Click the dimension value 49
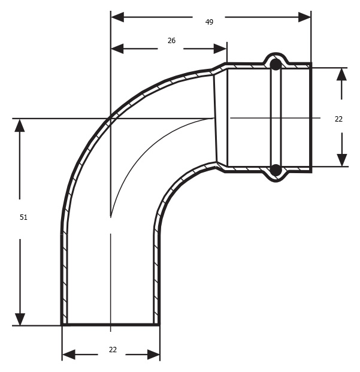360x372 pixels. pyautogui.click(x=209, y=22)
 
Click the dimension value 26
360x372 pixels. pyautogui.click(x=171, y=41)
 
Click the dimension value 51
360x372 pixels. pyautogui.click(x=23, y=217)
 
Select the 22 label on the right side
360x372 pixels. pyautogui.click(x=338, y=119)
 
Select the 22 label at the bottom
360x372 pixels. pyautogui.click(x=113, y=349)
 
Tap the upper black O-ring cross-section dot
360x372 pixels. pyautogui.click(x=276, y=64)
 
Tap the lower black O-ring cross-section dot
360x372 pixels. pyautogui.click(x=276, y=170)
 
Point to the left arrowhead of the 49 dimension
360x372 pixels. pyautogui.click(x=117, y=17)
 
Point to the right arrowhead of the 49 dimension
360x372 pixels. pyautogui.click(x=304, y=17)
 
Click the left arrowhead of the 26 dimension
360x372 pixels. pyautogui.click(x=117, y=49)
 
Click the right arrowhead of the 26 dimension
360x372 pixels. pyautogui.click(x=220, y=49)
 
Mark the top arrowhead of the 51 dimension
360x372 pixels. pyautogui.click(x=20, y=125)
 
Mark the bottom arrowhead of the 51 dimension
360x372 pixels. pyautogui.click(x=20, y=319)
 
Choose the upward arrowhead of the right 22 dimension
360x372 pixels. pyautogui.click(x=342, y=74)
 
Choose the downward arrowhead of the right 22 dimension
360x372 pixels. pyautogui.click(x=342, y=160)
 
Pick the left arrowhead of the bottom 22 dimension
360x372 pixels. pyautogui.click(x=69, y=355)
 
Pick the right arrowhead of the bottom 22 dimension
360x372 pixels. pyautogui.click(x=153, y=355)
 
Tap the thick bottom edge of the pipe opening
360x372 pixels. pyautogui.click(x=110, y=324)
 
